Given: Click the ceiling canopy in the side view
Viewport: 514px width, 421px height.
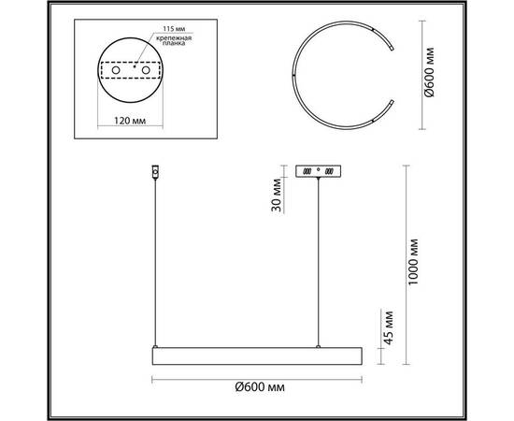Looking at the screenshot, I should tap(320, 172).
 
